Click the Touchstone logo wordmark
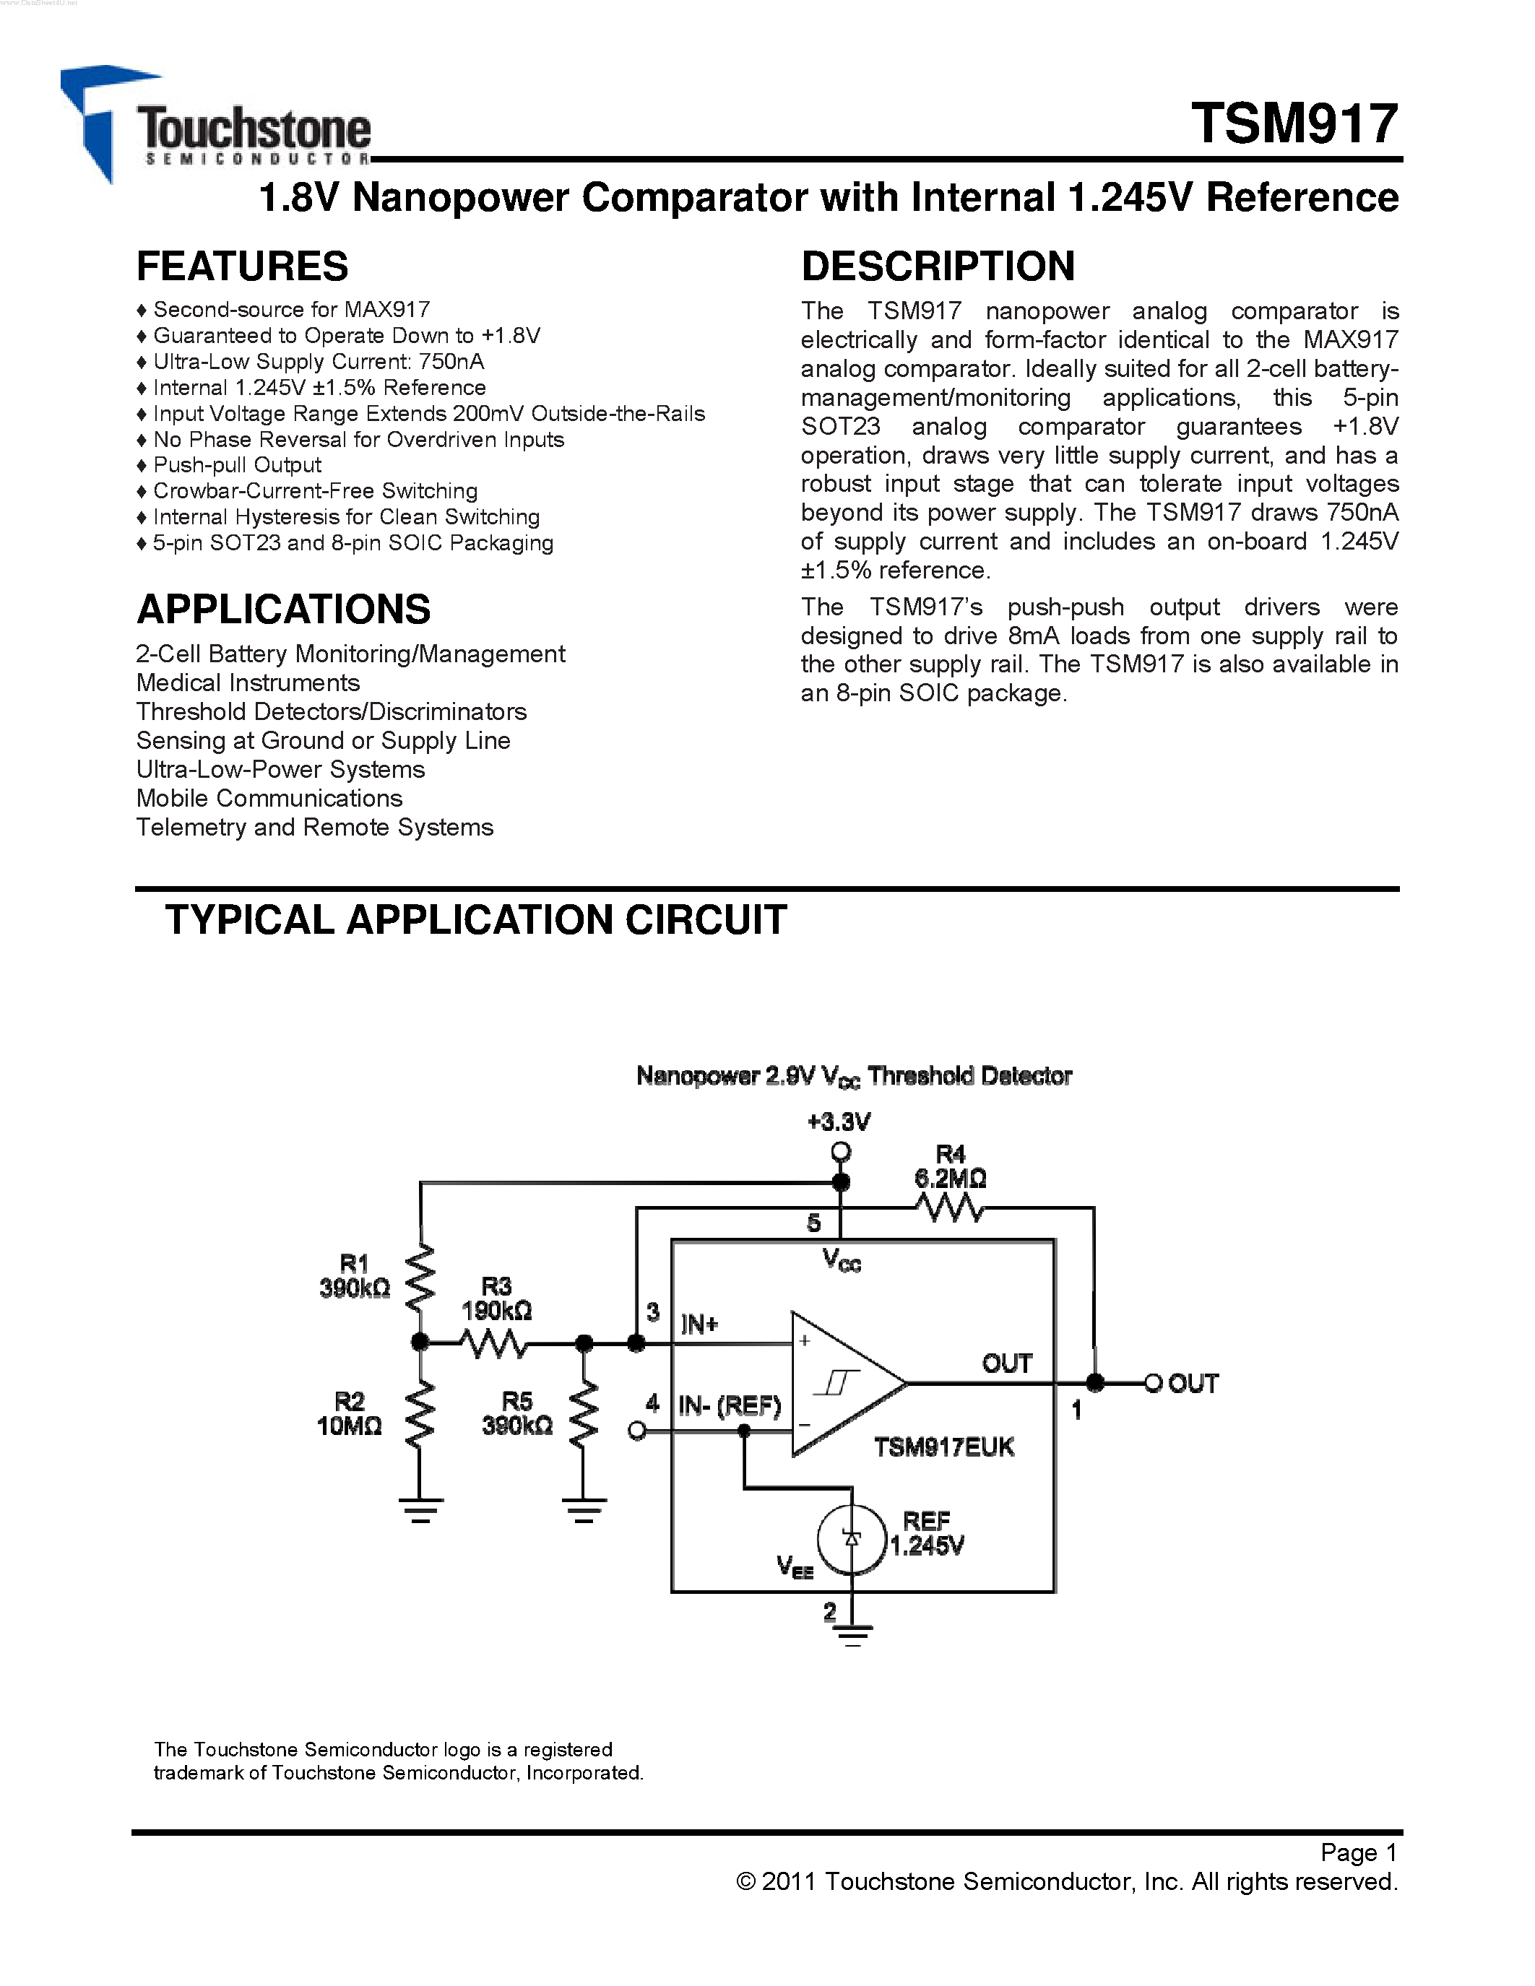[x=254, y=130]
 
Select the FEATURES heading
[x=242, y=266]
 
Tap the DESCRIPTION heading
[x=938, y=266]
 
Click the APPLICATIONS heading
[x=283, y=610]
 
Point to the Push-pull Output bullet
[x=236, y=464]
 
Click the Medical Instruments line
[x=247, y=683]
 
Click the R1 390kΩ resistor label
[x=355, y=1276]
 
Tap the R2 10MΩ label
[x=349, y=1413]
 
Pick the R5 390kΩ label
[x=516, y=1413]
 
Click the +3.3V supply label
[x=839, y=1122]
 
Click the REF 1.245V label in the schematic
[x=926, y=1533]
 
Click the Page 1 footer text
[x=1358, y=1852]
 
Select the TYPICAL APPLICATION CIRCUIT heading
[x=475, y=920]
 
